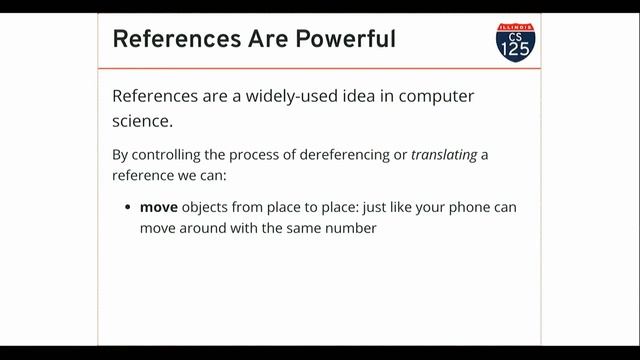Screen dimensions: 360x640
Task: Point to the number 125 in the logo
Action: [515, 47]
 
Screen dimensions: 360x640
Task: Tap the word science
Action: [142, 122]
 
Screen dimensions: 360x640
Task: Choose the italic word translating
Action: [444, 155]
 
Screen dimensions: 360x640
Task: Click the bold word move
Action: [159, 208]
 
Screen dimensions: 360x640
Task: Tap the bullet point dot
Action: [129, 209]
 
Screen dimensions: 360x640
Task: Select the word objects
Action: [209, 208]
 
